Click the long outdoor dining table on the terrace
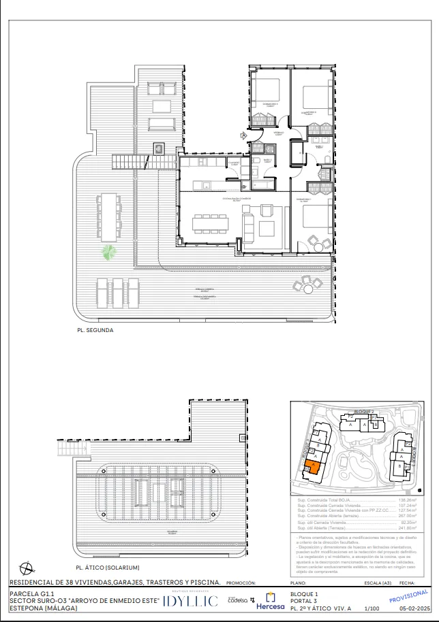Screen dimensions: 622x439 (x=109, y=216)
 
